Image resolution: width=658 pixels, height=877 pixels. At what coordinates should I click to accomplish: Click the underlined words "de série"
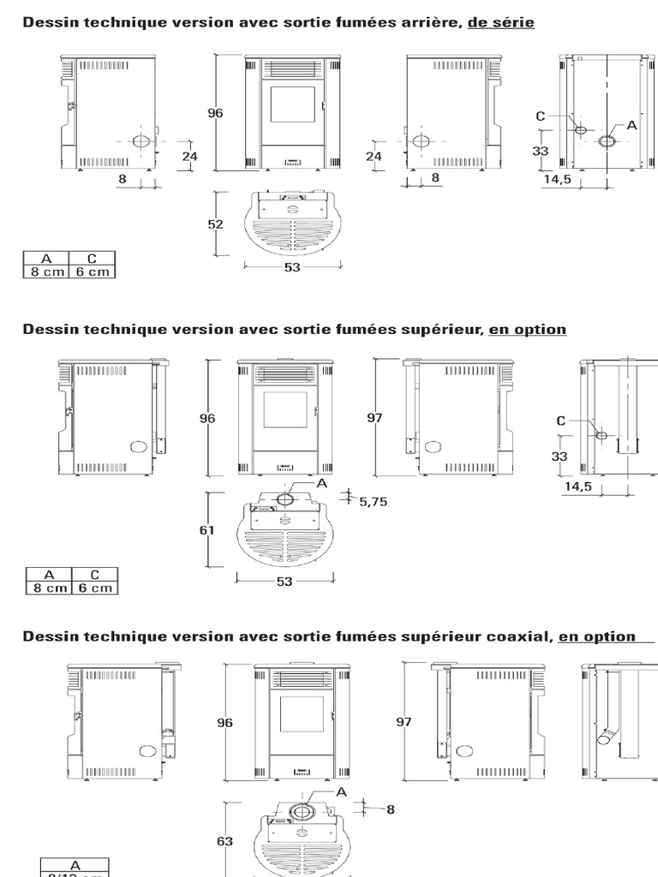click(x=500, y=22)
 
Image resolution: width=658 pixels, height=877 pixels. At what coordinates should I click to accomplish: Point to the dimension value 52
click(x=215, y=224)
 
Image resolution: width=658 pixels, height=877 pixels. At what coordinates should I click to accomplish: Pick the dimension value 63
click(x=224, y=841)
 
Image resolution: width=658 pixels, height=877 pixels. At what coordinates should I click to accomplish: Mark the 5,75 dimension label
click(x=374, y=503)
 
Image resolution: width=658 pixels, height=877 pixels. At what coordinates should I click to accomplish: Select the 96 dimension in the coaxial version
click(x=224, y=723)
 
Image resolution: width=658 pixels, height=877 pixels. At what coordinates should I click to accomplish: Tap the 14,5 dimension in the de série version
click(x=557, y=180)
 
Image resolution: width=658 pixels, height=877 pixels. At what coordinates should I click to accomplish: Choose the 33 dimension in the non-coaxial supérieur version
click(x=559, y=456)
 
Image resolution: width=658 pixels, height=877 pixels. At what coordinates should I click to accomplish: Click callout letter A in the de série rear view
click(x=632, y=124)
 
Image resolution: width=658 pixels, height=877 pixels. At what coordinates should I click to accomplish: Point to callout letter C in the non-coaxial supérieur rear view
click(x=561, y=421)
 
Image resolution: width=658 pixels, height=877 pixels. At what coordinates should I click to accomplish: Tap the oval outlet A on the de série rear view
click(x=607, y=140)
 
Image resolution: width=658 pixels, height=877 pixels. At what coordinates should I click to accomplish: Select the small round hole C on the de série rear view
click(x=580, y=130)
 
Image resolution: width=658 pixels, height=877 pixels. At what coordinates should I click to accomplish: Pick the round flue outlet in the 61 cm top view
click(x=285, y=498)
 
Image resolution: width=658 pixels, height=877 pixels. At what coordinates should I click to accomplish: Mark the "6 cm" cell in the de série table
click(x=93, y=271)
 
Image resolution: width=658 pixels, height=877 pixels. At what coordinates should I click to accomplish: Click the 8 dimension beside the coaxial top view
click(x=391, y=808)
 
